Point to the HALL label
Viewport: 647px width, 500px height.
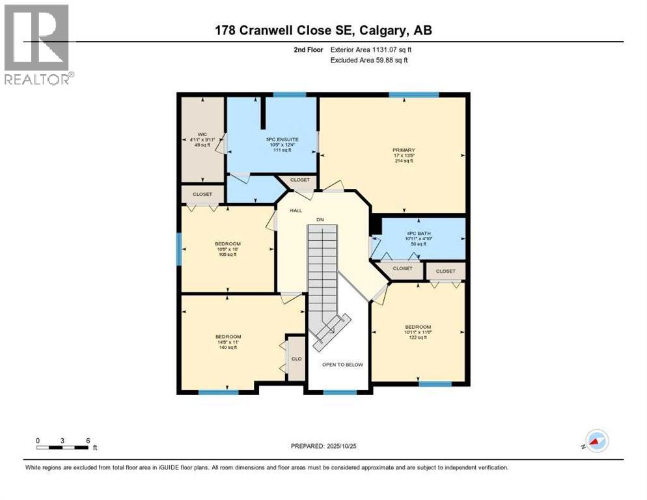(296, 210)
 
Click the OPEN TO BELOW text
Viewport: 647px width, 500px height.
(342, 365)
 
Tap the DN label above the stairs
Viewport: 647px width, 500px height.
(320, 220)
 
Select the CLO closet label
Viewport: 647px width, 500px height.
(296, 358)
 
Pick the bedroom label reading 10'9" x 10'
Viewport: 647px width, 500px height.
(228, 249)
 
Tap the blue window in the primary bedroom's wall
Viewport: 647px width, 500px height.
(413, 95)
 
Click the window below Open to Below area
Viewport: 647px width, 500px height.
(340, 393)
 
